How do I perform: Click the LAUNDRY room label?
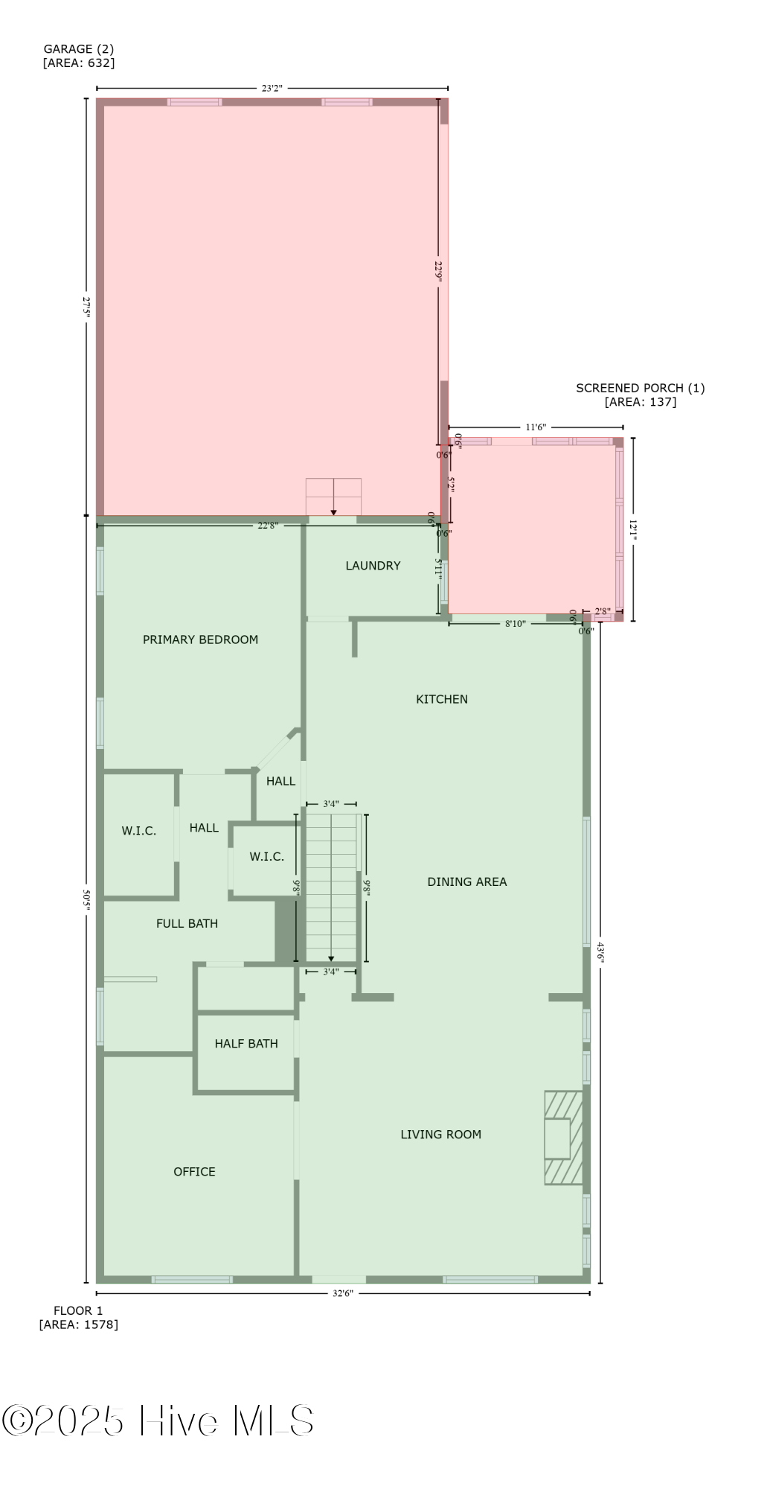point(373,566)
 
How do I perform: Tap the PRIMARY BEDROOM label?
point(200,640)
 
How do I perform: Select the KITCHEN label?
point(442,699)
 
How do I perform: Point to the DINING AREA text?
point(466,881)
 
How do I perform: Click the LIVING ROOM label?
point(440,1134)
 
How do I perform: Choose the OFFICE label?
point(194,1171)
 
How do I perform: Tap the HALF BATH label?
point(246,1044)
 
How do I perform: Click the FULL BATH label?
point(187,923)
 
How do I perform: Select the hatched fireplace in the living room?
point(563,1137)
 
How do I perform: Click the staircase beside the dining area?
point(331,887)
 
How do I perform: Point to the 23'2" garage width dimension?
point(272,88)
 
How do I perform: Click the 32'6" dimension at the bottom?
point(342,1293)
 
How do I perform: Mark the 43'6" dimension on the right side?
point(600,952)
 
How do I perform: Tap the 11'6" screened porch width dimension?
point(536,427)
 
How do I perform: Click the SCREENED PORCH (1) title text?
point(640,388)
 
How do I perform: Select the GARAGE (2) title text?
point(78,49)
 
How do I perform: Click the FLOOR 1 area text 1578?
point(78,1324)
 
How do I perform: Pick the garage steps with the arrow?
point(333,496)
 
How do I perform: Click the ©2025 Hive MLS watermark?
point(158,1421)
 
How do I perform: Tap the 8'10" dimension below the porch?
point(515,624)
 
